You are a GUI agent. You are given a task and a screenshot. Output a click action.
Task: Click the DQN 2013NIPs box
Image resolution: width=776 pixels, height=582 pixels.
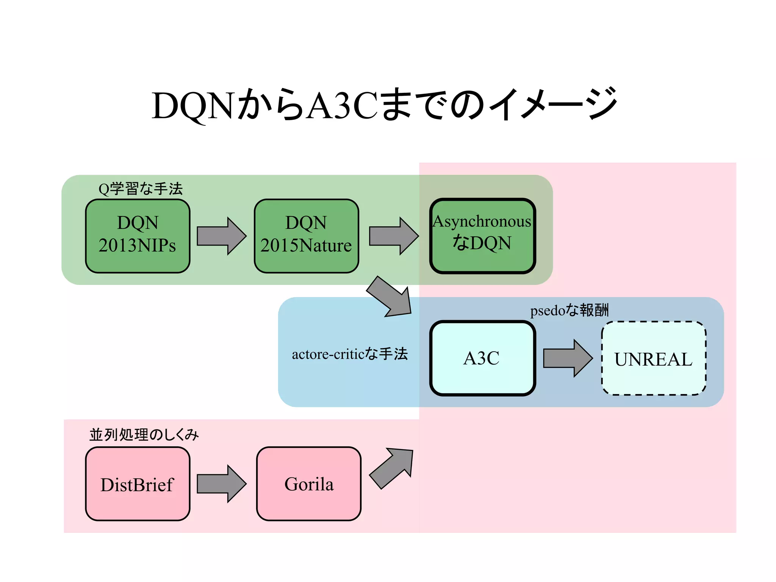click(138, 236)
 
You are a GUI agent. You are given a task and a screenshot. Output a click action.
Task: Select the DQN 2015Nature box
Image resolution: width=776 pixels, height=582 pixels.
click(306, 236)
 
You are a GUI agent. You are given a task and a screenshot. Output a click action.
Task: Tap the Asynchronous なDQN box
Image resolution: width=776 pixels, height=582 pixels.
click(482, 236)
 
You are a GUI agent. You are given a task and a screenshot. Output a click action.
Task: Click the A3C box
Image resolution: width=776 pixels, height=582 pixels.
click(482, 358)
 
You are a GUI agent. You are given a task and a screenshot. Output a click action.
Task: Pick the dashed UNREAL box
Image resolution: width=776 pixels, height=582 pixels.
click(654, 358)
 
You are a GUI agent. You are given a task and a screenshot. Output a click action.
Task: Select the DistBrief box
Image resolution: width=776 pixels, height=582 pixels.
click(138, 484)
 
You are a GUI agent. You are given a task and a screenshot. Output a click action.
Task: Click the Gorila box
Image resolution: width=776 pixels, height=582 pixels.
click(308, 484)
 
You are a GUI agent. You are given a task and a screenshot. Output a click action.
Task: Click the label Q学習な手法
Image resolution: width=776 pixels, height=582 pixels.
click(141, 189)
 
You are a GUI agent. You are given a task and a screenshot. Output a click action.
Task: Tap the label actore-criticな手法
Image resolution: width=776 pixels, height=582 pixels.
click(349, 354)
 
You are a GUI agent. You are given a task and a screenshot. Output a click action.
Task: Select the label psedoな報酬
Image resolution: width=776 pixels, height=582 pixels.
click(569, 310)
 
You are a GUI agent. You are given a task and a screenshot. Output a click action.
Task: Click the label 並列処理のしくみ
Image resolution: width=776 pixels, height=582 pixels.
click(144, 435)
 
